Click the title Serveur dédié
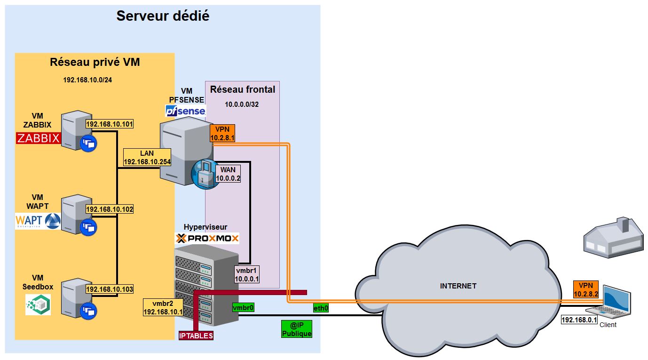click(163, 16)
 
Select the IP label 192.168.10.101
click(110, 124)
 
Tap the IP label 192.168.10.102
click(110, 208)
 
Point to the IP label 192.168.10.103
click(110, 289)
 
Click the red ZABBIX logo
click(39, 138)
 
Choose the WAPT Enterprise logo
click(38, 220)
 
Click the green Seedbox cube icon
click(38, 305)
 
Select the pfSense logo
click(185, 111)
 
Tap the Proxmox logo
click(207, 238)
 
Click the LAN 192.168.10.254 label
click(147, 158)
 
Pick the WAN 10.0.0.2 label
click(228, 174)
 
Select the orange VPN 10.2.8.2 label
click(585, 289)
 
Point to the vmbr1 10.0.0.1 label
click(247, 275)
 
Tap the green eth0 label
click(321, 308)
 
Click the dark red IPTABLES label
click(196, 336)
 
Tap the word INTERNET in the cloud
click(458, 286)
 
